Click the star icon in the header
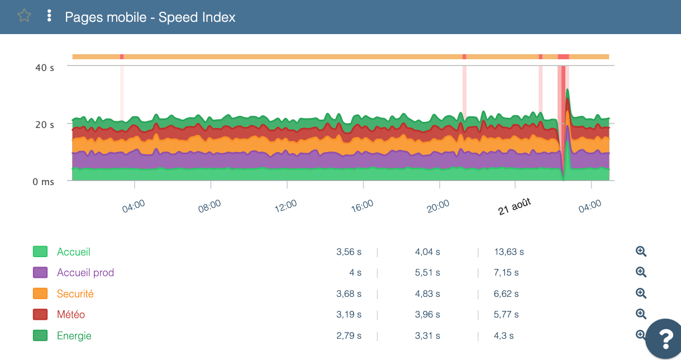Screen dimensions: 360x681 point(24,16)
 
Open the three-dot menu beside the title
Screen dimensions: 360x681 point(49,16)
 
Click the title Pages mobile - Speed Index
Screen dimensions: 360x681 point(150,17)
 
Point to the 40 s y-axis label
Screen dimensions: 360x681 point(45,68)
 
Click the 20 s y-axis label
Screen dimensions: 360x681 point(45,125)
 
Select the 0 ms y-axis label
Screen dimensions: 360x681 point(42,182)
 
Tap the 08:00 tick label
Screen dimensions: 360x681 point(209,206)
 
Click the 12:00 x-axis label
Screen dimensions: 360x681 point(285,206)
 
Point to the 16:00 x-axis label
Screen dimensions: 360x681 point(362,206)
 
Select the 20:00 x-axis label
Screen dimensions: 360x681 point(438,206)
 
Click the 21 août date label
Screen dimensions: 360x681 point(515,206)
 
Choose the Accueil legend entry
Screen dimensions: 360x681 point(73,252)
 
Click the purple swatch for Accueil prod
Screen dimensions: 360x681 point(40,273)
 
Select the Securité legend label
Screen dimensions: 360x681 point(75,293)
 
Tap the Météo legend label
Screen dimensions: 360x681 point(71,315)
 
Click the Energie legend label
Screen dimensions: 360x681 point(74,336)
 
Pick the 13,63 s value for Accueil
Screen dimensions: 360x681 point(509,252)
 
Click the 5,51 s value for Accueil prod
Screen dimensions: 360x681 point(427,273)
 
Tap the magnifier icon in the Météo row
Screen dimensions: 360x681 point(641,314)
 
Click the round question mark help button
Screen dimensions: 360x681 point(665,338)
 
